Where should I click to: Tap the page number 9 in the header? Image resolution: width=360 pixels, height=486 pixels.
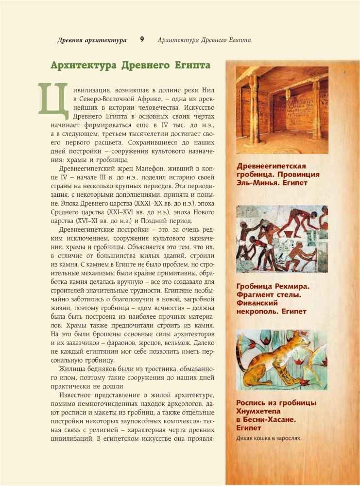[142, 40]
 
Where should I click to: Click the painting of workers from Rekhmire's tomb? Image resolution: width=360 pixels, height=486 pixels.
[281, 240]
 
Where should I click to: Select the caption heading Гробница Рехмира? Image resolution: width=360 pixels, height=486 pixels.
[272, 286]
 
